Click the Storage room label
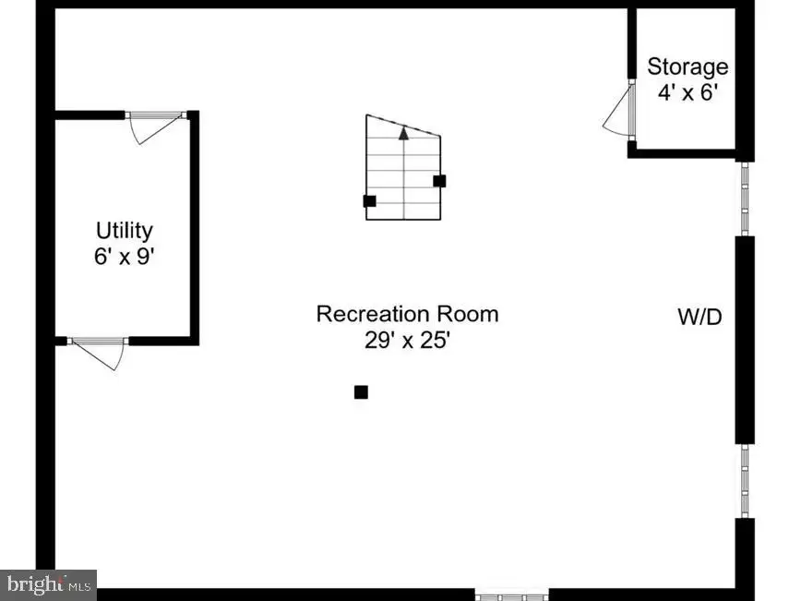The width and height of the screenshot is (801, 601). pos(687,67)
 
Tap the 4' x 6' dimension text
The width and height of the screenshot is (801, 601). pos(688,92)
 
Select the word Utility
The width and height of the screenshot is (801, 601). pos(125,231)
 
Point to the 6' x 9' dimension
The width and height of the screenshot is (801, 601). pos(125,256)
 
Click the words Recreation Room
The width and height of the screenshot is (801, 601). pos(407,314)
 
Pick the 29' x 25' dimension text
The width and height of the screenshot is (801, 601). pos(407,340)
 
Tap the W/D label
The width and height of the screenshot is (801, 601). pos(699,317)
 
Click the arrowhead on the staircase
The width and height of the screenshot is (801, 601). pos(403,133)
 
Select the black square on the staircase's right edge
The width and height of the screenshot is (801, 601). pos(439,181)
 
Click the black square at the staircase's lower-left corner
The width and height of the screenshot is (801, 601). pos(369,201)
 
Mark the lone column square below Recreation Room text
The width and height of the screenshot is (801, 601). pos(361,392)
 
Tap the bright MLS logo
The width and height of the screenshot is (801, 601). pos(48,584)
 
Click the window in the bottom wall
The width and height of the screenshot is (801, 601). pos(512,595)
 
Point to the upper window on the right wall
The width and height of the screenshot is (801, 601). pos(745,198)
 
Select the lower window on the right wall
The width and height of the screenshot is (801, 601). pos(745,481)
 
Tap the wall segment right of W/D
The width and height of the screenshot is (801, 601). pos(745,340)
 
